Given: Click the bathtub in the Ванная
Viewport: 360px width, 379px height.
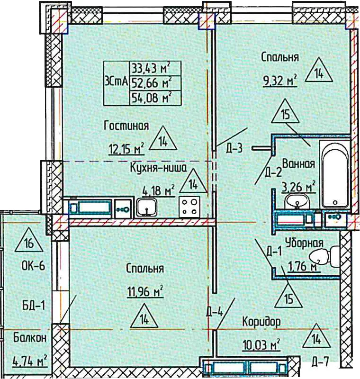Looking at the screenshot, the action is click(x=334, y=173).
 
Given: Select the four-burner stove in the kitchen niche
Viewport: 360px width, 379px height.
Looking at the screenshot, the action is click(x=189, y=206).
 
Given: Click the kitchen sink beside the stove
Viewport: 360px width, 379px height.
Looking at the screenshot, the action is click(x=146, y=207).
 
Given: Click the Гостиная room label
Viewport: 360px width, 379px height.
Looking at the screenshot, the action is click(x=126, y=126).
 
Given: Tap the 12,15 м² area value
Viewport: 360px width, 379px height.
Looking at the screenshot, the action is click(x=126, y=148).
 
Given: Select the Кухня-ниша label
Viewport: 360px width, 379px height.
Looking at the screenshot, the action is click(x=158, y=168).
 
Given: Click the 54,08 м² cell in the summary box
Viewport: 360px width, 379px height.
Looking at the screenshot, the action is click(x=152, y=98).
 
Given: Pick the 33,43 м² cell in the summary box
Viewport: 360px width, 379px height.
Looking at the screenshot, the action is click(x=151, y=69).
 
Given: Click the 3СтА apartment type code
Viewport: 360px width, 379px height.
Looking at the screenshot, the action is click(x=117, y=81).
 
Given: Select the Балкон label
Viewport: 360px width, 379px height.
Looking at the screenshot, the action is click(x=30, y=338).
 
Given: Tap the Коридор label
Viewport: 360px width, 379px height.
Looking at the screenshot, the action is click(x=261, y=322).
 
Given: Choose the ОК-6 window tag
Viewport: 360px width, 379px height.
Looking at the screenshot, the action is click(x=33, y=266).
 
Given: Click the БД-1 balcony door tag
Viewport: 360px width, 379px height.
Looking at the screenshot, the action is click(x=34, y=306).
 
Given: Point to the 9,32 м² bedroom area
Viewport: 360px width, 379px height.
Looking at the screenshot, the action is click(x=280, y=80).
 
